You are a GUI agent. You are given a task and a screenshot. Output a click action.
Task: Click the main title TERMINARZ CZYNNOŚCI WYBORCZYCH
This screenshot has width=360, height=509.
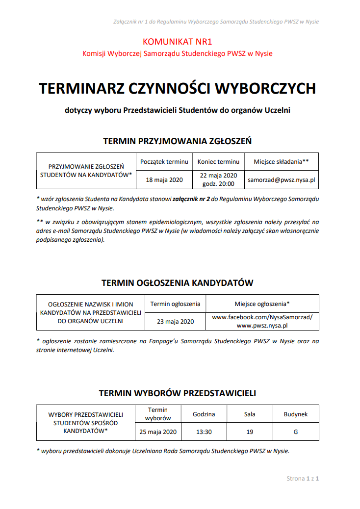[177, 88]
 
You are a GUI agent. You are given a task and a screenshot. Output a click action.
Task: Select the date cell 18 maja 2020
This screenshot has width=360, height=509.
[164, 179]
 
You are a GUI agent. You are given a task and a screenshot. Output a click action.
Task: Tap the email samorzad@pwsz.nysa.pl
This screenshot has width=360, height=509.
[282, 179]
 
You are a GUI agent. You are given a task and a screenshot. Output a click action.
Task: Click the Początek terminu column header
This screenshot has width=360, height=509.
[164, 161]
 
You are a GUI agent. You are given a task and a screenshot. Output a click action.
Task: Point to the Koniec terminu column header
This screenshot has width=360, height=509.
[218, 161]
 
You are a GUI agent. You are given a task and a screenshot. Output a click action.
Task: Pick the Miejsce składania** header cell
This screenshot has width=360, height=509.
[282, 161]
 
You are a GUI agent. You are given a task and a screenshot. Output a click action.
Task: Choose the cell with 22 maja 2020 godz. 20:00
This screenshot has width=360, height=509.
[218, 179]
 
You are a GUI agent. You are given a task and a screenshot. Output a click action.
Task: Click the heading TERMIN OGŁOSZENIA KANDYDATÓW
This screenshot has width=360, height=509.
[177, 283]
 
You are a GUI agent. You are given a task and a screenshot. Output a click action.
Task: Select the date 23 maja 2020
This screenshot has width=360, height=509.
[176, 322]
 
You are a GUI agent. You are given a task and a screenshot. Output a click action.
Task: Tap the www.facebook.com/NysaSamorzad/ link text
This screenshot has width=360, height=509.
[262, 317]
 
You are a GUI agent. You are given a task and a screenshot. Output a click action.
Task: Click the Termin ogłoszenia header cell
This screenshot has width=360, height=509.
[176, 304]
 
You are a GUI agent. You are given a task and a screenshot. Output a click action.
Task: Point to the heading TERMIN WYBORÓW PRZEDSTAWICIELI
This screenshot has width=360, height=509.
[177, 393]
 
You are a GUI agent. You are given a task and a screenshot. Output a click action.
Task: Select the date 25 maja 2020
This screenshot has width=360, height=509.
[158, 432]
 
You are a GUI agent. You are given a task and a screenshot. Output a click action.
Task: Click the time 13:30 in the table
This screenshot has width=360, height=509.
[204, 432]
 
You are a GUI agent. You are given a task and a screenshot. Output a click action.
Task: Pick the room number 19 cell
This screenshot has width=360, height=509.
[250, 432]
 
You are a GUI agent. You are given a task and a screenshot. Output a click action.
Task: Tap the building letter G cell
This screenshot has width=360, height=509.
[296, 432]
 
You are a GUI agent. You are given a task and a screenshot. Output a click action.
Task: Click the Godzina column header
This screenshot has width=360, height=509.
[204, 414]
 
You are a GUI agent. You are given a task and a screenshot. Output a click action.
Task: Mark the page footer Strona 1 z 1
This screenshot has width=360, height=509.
[303, 478]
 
